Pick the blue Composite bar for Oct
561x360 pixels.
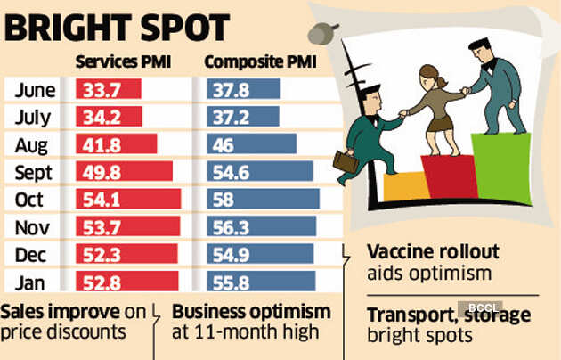263,199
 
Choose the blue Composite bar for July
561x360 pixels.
243,117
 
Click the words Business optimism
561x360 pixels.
251,314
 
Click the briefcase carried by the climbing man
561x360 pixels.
346,161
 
